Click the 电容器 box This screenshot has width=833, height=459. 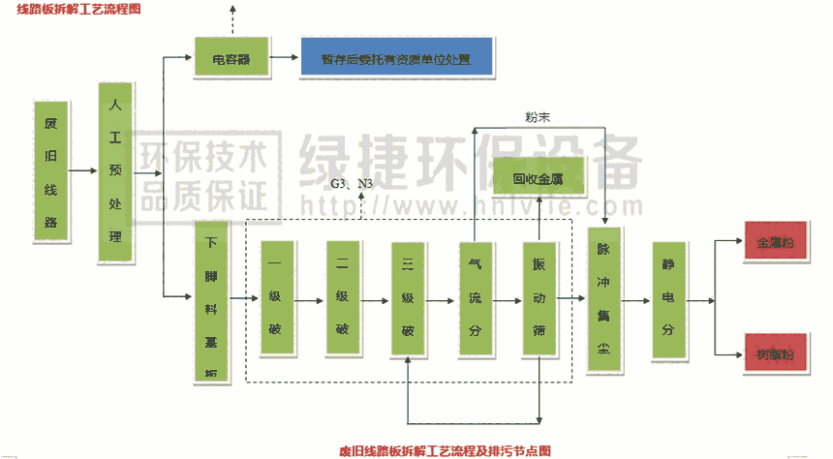(x=231, y=59)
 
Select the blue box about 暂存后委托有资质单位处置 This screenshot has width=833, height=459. (x=396, y=59)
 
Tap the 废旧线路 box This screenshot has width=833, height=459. (x=51, y=168)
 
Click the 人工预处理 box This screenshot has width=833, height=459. (x=115, y=173)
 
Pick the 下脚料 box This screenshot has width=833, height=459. (x=211, y=300)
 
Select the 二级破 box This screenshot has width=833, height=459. (x=342, y=299)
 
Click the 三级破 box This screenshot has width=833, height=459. (x=408, y=299)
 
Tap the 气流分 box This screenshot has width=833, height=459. (x=475, y=299)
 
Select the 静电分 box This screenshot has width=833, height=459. (x=667, y=301)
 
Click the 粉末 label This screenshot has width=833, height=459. (x=539, y=117)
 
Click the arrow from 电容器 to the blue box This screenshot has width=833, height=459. (x=284, y=59)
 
